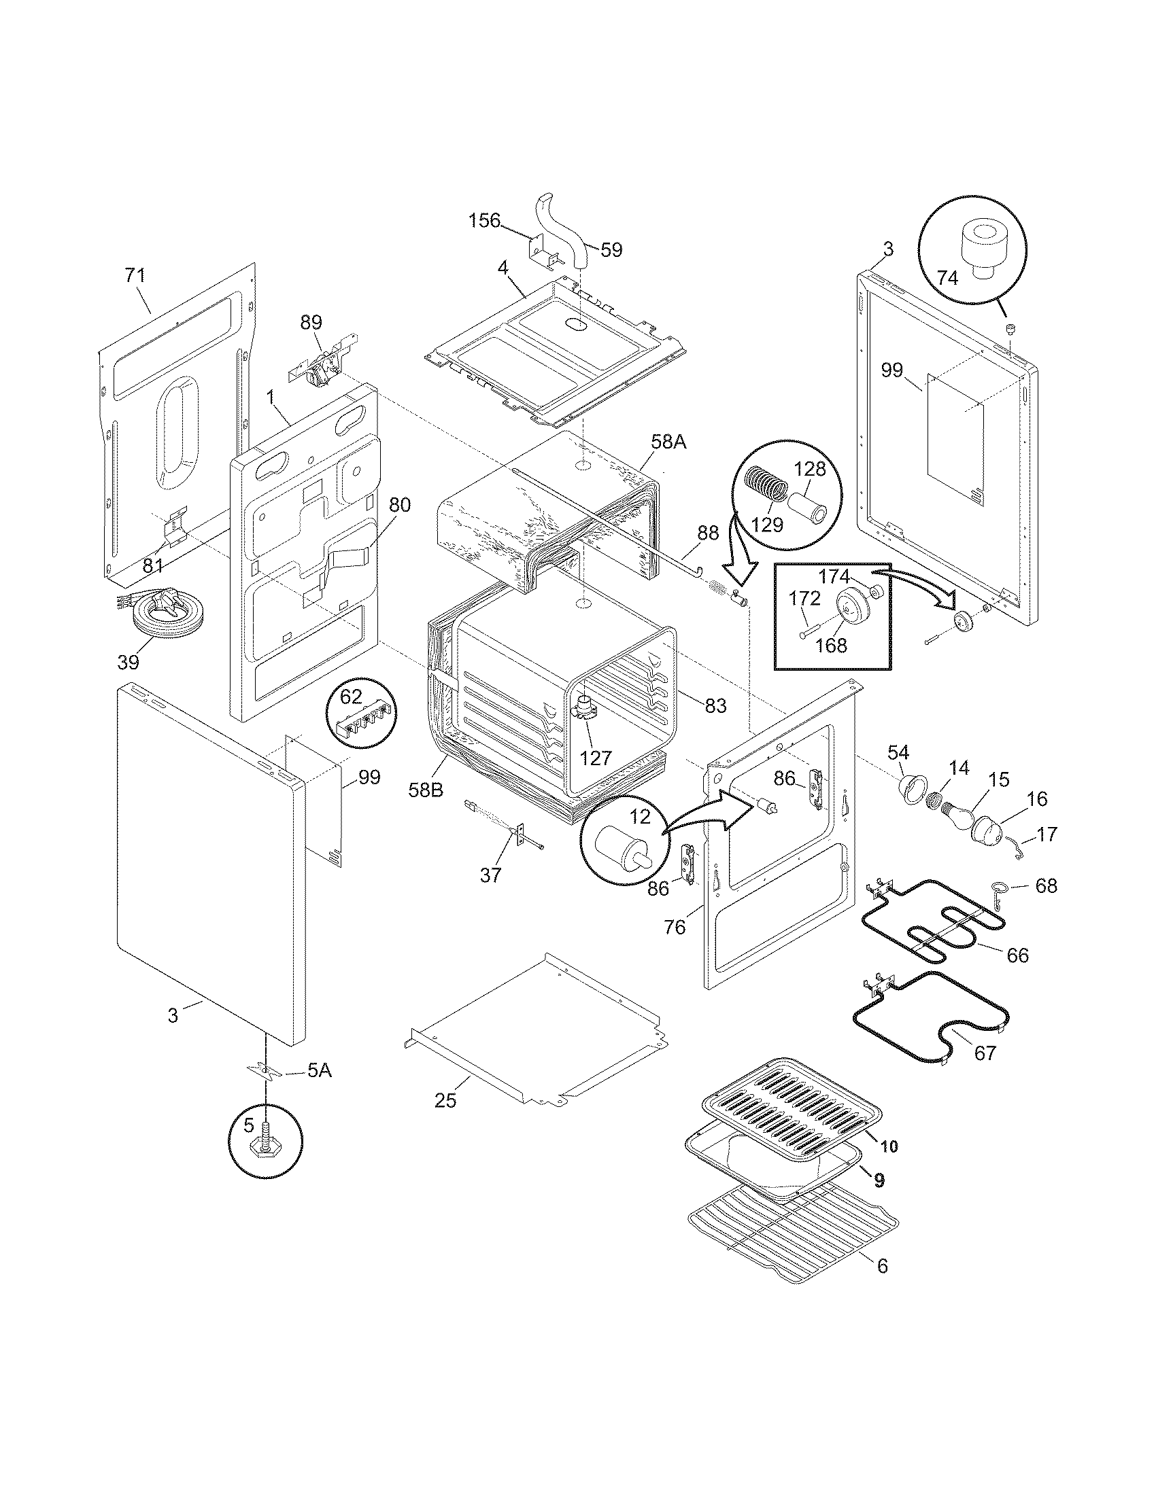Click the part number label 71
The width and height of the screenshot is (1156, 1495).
click(x=135, y=275)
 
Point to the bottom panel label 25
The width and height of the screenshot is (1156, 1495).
click(x=445, y=1101)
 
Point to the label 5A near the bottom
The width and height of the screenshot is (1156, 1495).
click(x=318, y=1070)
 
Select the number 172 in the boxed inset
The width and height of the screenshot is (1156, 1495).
click(x=804, y=598)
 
